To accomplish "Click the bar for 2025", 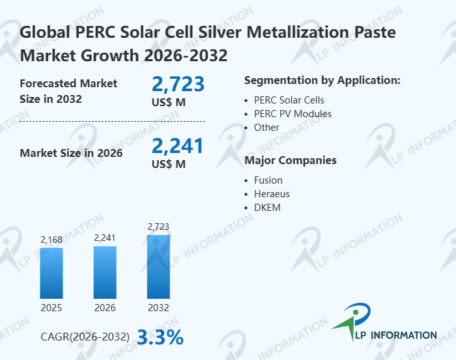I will (x=51, y=273).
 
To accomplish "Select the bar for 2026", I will (x=105, y=272).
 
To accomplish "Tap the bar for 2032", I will (x=158, y=266).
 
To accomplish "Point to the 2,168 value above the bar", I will (x=51, y=240).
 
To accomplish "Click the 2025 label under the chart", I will (x=51, y=307).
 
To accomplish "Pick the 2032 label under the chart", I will (x=158, y=307).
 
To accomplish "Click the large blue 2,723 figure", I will (x=178, y=84).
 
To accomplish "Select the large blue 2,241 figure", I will (x=178, y=145).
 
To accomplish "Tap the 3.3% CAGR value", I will (x=160, y=337).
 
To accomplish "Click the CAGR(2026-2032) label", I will (x=85, y=337).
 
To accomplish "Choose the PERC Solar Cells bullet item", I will (x=289, y=100).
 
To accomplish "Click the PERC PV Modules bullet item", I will (x=292, y=114).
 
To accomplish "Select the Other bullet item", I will (x=266, y=128).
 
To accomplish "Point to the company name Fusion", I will (x=268, y=180).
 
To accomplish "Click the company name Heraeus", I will (x=272, y=194).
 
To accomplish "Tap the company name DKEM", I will (x=267, y=208).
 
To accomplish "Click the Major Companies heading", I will (x=290, y=160).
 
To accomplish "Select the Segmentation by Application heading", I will (x=322, y=80).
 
